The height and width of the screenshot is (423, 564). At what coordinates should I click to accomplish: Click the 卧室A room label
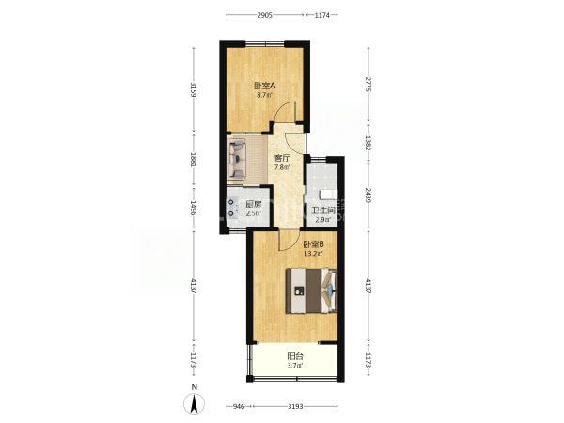click(x=265, y=86)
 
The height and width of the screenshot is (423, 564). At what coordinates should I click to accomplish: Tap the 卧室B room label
click(x=314, y=244)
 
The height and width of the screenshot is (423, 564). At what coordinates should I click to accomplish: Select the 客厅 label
click(x=282, y=158)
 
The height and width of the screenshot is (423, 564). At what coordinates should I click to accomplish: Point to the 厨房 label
click(x=253, y=204)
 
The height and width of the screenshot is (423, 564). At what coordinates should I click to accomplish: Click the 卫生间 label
click(x=323, y=211)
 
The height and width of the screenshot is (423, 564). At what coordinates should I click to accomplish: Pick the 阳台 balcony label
click(x=295, y=356)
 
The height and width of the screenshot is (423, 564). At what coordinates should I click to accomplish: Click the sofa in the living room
click(x=237, y=159)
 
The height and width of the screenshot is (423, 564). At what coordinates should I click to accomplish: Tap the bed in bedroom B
click(x=311, y=290)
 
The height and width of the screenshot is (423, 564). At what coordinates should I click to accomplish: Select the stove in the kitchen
click(x=232, y=209)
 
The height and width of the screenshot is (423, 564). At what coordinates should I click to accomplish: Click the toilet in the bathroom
click(x=328, y=195)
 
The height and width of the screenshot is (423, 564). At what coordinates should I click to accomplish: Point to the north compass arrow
click(x=195, y=403)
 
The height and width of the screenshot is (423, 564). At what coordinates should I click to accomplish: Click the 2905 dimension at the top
click(x=264, y=15)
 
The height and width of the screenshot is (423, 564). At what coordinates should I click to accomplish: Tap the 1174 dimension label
click(x=321, y=15)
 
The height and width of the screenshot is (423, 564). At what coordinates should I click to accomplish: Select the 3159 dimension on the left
click(x=194, y=90)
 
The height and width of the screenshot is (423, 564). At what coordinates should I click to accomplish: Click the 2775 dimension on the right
click(x=368, y=84)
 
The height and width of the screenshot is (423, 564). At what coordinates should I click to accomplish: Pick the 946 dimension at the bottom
click(x=239, y=406)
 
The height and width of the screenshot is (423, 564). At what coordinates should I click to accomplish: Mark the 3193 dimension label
click(x=295, y=406)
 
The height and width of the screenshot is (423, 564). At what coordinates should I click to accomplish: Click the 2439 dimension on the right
click(x=368, y=195)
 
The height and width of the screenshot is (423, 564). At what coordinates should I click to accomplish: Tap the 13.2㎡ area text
click(x=313, y=254)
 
